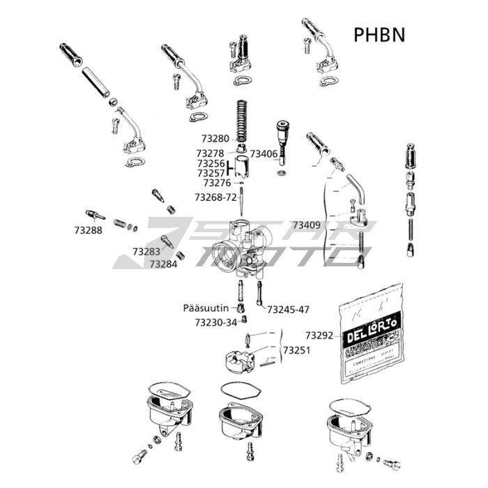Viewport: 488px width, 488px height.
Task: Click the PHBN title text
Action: click(x=379, y=34)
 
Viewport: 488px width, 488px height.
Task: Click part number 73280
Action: click(x=215, y=139)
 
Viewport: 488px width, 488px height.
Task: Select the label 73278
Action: click(x=210, y=153)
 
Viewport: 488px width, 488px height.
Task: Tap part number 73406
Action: click(x=264, y=153)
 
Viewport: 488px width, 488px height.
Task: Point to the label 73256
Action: click(x=211, y=163)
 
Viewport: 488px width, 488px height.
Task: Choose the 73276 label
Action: click(x=217, y=183)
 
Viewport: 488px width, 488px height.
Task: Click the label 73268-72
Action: click(x=217, y=197)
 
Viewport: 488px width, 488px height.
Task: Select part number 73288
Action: click(x=88, y=229)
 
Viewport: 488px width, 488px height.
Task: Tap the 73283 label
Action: click(x=146, y=251)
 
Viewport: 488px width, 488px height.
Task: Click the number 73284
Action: click(x=163, y=264)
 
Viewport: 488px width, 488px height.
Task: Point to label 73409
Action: click(x=306, y=225)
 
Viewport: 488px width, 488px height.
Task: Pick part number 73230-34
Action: click(x=215, y=322)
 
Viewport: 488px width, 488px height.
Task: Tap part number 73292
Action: click(x=319, y=335)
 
